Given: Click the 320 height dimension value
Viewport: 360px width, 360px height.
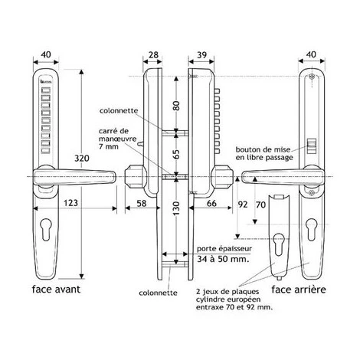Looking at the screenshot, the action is point(82,159).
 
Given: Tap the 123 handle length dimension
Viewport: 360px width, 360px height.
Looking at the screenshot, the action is point(70,203).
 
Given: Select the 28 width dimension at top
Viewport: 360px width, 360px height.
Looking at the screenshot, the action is point(153,54).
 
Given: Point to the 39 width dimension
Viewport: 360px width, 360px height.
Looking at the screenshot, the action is point(202,54).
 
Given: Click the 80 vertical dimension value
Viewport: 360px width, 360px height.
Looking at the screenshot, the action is point(176,106).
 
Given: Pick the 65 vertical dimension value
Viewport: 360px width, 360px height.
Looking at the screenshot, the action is point(176,154).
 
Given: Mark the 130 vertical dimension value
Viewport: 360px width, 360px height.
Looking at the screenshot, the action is point(176,208).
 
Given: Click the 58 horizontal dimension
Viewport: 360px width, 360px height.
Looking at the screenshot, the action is point(142,203).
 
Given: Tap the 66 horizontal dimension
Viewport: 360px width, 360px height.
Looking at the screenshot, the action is point(211,203).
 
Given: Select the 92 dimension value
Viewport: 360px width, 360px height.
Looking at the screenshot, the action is point(243,205).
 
